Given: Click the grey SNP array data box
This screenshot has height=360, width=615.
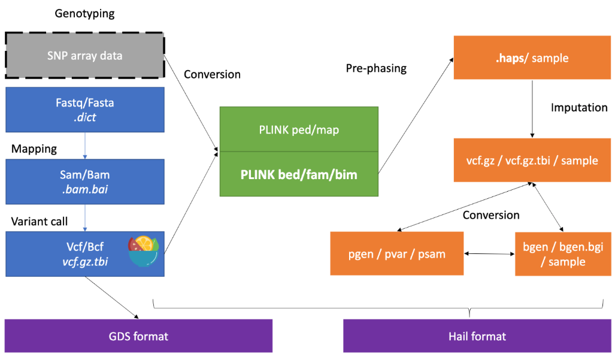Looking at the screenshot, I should pyautogui.click(x=84, y=56).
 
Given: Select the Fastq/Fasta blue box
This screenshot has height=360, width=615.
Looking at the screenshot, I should pyautogui.click(x=84, y=110).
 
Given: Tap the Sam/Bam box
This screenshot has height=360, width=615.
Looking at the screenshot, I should pyautogui.click(x=84, y=181).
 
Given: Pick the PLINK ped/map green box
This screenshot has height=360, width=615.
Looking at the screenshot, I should pyautogui.click(x=299, y=129).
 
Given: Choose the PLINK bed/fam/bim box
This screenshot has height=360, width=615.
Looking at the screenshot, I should pyautogui.click(x=299, y=174).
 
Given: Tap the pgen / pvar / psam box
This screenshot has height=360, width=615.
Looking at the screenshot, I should pyautogui.click(x=397, y=253).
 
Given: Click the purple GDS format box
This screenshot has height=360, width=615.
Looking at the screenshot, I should pyautogui.click(x=138, y=336).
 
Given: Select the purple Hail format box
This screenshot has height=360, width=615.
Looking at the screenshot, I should pyautogui.click(x=477, y=336).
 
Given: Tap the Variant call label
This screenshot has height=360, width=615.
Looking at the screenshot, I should pyautogui.click(x=40, y=221).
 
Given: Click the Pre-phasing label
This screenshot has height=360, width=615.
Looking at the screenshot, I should pyautogui.click(x=376, y=68).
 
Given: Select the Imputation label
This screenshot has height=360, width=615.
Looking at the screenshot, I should pyautogui.click(x=579, y=108).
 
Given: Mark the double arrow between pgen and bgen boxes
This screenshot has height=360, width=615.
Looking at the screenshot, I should pyautogui.click(x=489, y=254).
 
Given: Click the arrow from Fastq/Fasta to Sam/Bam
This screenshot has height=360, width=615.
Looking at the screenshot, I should pyautogui.click(x=84, y=146).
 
